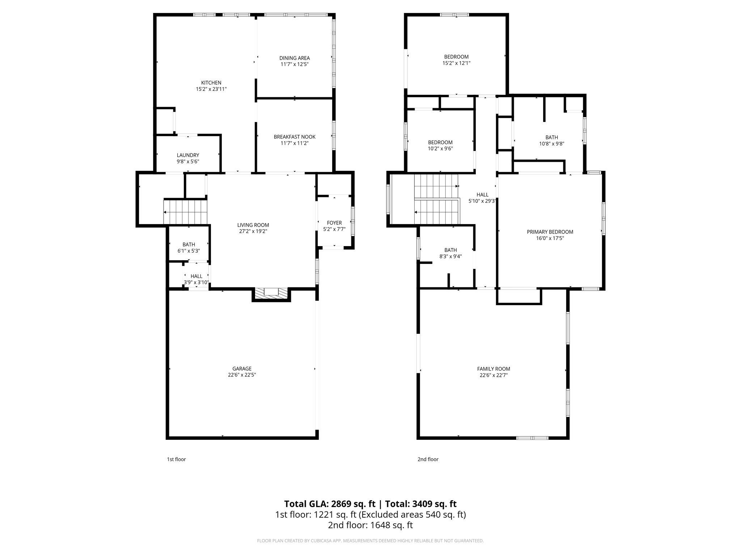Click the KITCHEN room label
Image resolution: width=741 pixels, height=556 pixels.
coord(211,83)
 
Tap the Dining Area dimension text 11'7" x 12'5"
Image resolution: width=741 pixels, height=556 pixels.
coord(295,64)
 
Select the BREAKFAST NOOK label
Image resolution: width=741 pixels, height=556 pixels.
coord(295,137)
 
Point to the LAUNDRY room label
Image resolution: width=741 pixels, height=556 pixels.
coord(188,155)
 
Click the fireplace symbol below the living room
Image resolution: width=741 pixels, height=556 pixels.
coord(271,293)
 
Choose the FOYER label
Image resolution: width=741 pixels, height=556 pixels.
coord(334,223)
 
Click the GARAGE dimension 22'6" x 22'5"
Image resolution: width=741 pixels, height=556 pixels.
coord(242,375)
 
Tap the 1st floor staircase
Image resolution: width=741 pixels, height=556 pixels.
coord(185,212)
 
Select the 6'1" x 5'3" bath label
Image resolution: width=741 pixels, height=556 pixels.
coord(189,250)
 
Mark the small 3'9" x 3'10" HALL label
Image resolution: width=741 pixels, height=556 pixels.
coord(196,276)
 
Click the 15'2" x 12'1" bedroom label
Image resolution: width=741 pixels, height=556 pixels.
coord(456,63)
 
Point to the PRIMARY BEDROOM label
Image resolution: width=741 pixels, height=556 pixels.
coord(550,232)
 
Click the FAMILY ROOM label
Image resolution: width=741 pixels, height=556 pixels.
coord(494,369)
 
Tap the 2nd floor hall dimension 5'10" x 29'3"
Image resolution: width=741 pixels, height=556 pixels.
coord(482,201)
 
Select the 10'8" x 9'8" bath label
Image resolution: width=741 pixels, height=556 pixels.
coord(551,143)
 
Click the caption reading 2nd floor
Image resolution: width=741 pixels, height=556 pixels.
coord(428,459)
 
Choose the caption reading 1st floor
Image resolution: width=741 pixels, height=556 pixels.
coord(176,459)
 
